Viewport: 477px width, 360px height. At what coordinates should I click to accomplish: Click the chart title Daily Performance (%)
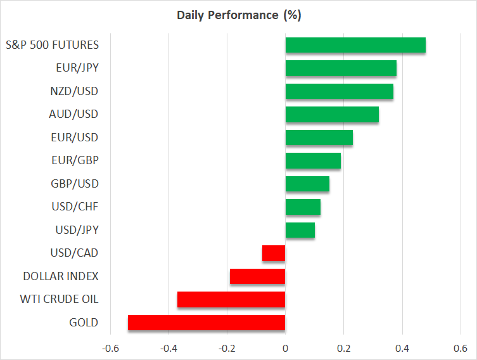(x=238, y=15)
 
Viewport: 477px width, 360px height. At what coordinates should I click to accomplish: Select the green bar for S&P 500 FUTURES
(x=355, y=45)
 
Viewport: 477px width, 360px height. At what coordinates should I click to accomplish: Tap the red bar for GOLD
(x=207, y=323)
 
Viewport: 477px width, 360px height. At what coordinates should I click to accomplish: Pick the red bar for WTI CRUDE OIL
(x=231, y=299)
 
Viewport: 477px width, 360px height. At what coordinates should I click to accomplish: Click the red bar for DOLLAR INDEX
(x=257, y=276)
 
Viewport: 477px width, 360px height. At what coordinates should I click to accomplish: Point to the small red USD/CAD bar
(x=274, y=253)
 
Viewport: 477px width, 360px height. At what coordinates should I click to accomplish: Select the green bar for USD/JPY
(x=300, y=230)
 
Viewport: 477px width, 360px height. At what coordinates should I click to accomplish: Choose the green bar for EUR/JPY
(x=341, y=68)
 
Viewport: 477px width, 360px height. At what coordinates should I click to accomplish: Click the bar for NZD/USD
(x=340, y=91)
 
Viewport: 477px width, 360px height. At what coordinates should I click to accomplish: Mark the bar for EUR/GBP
(x=313, y=161)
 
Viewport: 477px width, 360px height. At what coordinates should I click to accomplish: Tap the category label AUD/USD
(x=73, y=115)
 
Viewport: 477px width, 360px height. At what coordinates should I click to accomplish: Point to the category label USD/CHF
(x=74, y=207)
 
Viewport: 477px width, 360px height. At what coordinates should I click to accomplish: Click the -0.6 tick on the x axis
(x=110, y=349)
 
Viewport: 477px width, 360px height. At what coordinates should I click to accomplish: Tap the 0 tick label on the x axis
(x=286, y=349)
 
